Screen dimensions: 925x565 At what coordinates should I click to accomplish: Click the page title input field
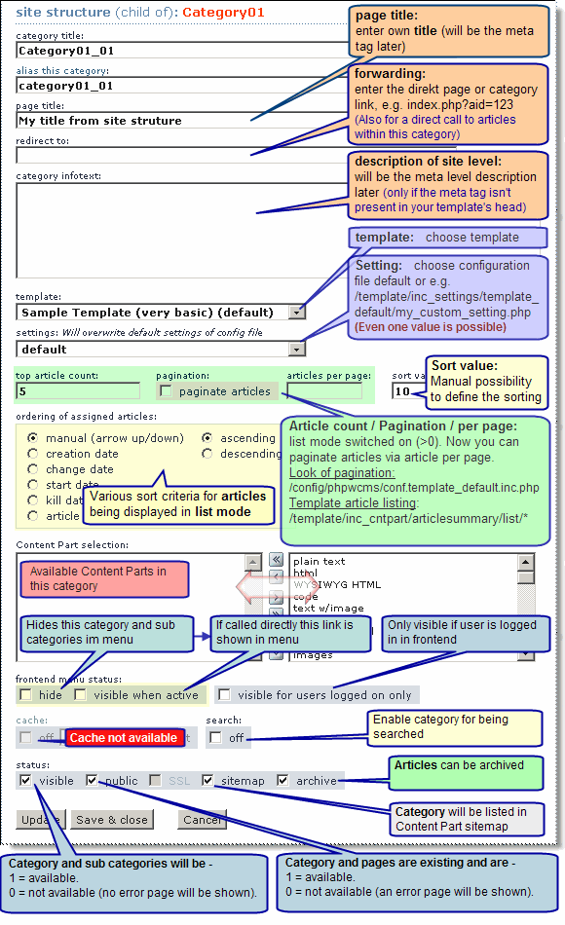point(127,121)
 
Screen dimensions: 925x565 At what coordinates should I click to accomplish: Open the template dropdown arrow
point(297,313)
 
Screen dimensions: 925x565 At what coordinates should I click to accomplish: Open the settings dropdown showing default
point(297,349)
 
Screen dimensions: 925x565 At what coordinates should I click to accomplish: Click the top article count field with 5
point(78,391)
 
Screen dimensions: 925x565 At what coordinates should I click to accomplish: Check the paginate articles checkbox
point(166,391)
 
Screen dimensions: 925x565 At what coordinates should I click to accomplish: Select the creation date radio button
point(33,454)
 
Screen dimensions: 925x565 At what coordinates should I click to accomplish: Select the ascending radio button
point(207,438)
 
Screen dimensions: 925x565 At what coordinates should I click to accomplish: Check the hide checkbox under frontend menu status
point(25,695)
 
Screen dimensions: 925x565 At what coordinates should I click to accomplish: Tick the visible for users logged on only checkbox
point(225,695)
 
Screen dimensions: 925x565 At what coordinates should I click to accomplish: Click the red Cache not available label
point(123,738)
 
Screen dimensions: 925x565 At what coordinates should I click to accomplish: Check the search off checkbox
point(215,738)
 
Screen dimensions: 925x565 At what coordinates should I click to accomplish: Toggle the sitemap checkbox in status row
point(207,781)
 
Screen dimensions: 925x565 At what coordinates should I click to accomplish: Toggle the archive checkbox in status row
point(282,781)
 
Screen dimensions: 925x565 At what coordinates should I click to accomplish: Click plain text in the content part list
point(319,562)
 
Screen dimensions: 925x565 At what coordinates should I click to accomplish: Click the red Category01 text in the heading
point(224,13)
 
